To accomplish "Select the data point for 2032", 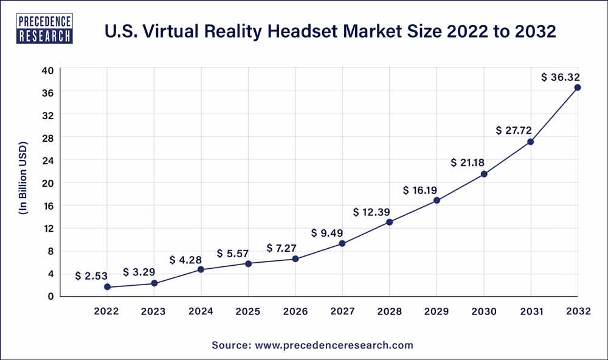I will point(577,88).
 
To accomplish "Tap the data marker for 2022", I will point(107,287).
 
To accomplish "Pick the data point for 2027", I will point(342,243).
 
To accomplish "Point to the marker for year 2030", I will point(484,174).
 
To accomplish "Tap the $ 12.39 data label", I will point(371,212).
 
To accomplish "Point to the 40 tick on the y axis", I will point(48,70).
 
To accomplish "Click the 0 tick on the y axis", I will point(51,296).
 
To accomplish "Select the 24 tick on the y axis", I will point(48,161).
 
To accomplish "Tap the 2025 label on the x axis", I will point(248,311).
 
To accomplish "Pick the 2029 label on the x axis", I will point(437,311).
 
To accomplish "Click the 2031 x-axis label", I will point(531,311).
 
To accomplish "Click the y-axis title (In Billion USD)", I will point(23,182).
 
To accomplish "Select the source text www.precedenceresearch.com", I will point(313,345).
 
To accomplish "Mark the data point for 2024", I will point(201,269).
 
